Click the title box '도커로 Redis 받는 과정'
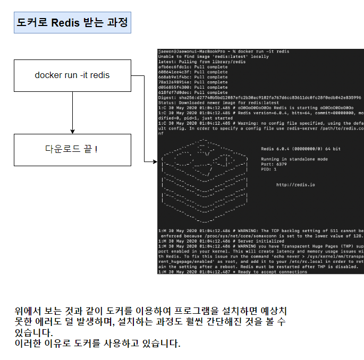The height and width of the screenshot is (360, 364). click(x=72, y=23)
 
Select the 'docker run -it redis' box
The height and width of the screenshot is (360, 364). click(x=72, y=75)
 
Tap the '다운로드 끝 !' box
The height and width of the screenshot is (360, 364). click(x=72, y=150)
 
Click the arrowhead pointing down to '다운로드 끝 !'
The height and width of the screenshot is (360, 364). click(x=72, y=131)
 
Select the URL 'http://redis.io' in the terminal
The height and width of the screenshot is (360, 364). click(x=295, y=185)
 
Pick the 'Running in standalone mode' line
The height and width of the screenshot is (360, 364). click(x=294, y=159)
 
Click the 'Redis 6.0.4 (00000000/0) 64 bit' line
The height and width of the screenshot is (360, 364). click(x=301, y=149)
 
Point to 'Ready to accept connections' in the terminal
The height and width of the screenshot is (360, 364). click(x=271, y=272)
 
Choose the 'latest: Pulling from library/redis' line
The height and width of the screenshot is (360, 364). click(x=202, y=62)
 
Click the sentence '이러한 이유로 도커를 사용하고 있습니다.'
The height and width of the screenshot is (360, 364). click(x=98, y=342)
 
